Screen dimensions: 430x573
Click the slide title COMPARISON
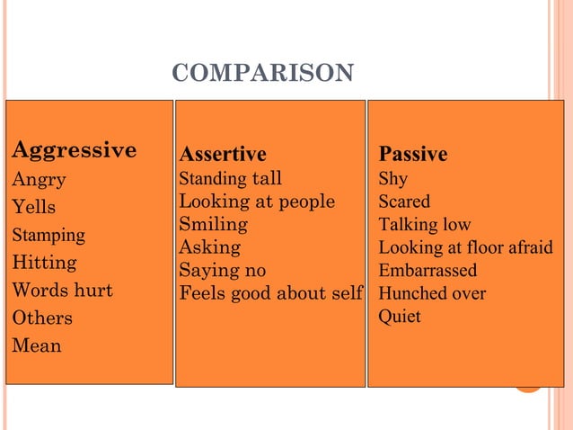pos(262,73)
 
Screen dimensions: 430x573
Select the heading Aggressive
pos(74,149)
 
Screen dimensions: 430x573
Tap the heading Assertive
pos(223,154)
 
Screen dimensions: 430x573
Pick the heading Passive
pos(412,154)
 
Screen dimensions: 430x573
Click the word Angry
pos(39,179)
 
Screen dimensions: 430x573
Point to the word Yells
pos(33,207)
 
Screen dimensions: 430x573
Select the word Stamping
pos(48,235)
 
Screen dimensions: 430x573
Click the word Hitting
pos(44,263)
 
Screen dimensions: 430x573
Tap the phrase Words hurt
pos(62,291)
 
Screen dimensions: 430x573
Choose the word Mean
pos(36,345)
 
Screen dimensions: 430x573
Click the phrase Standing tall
pos(230,178)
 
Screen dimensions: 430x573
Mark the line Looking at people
pos(257,201)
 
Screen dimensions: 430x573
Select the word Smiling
pos(213,224)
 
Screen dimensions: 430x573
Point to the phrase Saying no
pos(222,271)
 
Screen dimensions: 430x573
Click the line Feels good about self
pos(271,293)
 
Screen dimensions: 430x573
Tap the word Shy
pos(392,178)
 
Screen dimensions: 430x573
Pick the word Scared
pos(404,201)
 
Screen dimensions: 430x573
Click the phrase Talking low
pos(424,224)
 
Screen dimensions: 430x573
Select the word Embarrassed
pos(428,271)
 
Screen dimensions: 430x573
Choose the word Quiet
pos(400,317)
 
